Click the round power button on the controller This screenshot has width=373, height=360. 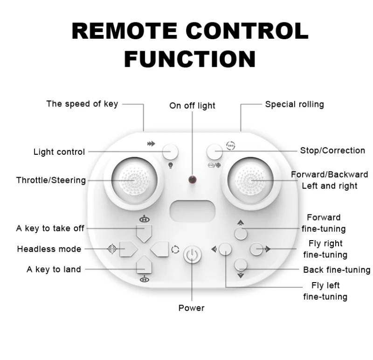click(x=191, y=255)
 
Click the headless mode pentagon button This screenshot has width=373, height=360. click(x=127, y=249)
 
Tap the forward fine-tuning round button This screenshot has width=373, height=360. click(x=240, y=233)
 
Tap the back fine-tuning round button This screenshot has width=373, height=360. click(x=240, y=265)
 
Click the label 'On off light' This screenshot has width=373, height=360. click(x=192, y=106)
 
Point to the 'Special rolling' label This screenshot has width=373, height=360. click(x=294, y=104)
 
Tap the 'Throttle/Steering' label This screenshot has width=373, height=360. click(x=51, y=180)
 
